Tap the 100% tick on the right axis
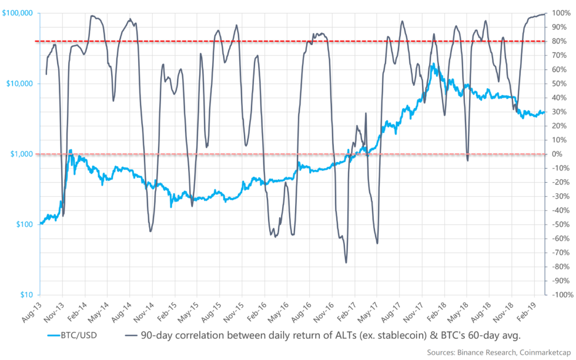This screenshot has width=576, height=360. point(558,13)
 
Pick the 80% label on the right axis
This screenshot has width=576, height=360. point(558,41)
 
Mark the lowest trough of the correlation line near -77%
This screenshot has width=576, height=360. point(346,263)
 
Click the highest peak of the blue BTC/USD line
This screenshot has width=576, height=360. point(434,63)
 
